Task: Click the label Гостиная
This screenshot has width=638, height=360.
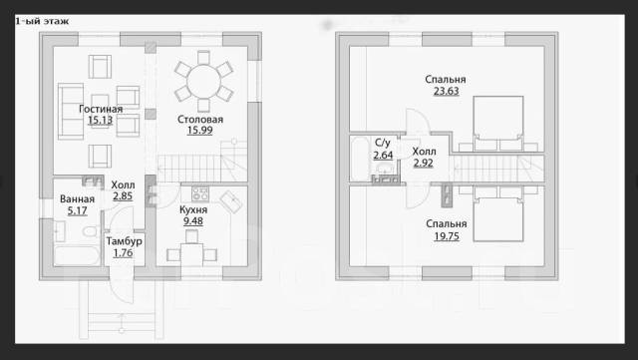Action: (101, 109)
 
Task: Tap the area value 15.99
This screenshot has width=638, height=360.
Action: (199, 131)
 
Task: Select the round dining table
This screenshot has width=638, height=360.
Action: (203, 81)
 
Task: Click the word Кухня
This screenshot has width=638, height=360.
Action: (193, 209)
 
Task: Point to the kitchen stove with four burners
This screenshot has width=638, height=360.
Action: (199, 193)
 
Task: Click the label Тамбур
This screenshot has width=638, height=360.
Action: (124, 241)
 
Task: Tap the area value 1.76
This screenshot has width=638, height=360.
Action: (123, 253)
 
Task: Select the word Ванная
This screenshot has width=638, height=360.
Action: (77, 199)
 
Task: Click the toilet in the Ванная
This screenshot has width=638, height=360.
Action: (89, 231)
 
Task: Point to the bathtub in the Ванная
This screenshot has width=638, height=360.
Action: (77, 255)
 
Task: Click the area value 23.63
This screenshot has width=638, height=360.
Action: (447, 91)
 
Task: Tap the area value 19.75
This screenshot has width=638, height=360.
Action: (447, 236)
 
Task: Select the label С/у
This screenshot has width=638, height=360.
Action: (383, 143)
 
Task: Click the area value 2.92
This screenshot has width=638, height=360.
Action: (423, 163)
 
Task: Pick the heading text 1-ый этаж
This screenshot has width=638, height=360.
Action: (42, 21)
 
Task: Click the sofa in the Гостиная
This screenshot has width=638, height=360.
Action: (71, 112)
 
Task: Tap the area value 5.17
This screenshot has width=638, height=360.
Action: (78, 210)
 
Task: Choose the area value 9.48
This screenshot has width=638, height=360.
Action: (193, 221)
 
